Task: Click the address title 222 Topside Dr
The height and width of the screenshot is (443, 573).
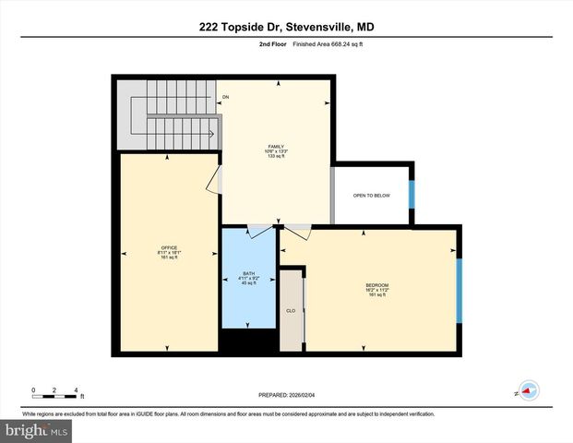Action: [x=286, y=27]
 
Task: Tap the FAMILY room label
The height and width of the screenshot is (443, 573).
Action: [x=275, y=151]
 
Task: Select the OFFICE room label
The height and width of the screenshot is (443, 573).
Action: [x=168, y=252]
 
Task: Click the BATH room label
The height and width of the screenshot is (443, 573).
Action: [x=248, y=278]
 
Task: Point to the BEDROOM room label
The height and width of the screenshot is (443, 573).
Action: [x=376, y=289]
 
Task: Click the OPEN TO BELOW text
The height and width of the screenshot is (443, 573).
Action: [x=371, y=196]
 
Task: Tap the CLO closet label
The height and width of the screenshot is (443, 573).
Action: [x=291, y=311]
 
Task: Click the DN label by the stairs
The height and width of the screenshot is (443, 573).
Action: [x=225, y=97]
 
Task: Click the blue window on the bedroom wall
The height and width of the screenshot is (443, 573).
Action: [x=459, y=289]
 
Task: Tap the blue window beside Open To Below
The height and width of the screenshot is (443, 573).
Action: [x=412, y=194]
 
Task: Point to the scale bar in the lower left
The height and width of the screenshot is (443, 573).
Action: [x=54, y=398]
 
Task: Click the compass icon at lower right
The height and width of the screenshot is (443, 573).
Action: [x=528, y=390]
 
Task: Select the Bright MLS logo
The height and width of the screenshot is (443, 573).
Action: [x=36, y=430]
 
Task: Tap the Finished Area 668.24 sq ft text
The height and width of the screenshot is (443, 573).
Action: [x=330, y=43]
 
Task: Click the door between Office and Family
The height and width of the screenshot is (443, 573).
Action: [x=215, y=180]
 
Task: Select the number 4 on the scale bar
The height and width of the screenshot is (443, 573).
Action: [x=76, y=389]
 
